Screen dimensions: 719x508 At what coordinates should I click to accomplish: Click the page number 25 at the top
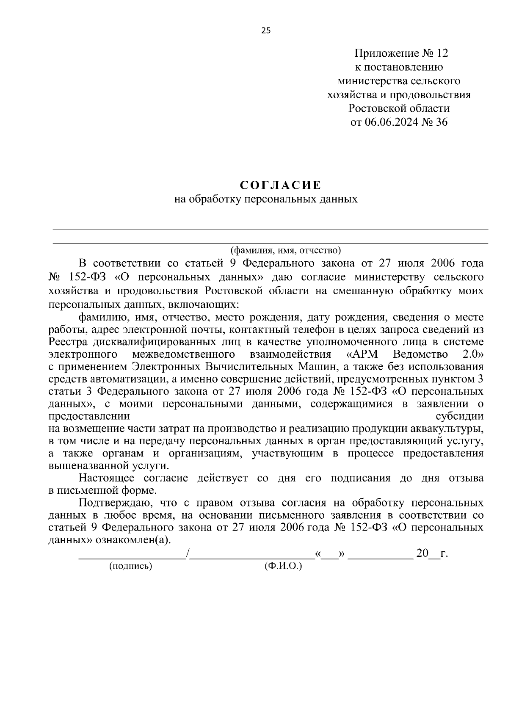click(x=265, y=30)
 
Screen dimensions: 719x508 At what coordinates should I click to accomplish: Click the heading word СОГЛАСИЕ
click(x=280, y=185)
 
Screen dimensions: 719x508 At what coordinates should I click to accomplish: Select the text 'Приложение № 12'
click(x=400, y=53)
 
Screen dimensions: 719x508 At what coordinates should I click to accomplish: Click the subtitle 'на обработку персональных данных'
click(x=266, y=199)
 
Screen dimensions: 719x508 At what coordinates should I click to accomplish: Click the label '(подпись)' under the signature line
click(x=130, y=566)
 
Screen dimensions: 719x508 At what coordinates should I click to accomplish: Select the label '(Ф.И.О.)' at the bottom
click(x=283, y=566)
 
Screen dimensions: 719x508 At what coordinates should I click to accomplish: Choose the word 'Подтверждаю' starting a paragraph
click(x=113, y=503)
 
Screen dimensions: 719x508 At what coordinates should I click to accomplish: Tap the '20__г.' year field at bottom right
click(x=432, y=553)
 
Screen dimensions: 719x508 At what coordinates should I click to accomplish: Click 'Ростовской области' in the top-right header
click(x=399, y=108)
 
